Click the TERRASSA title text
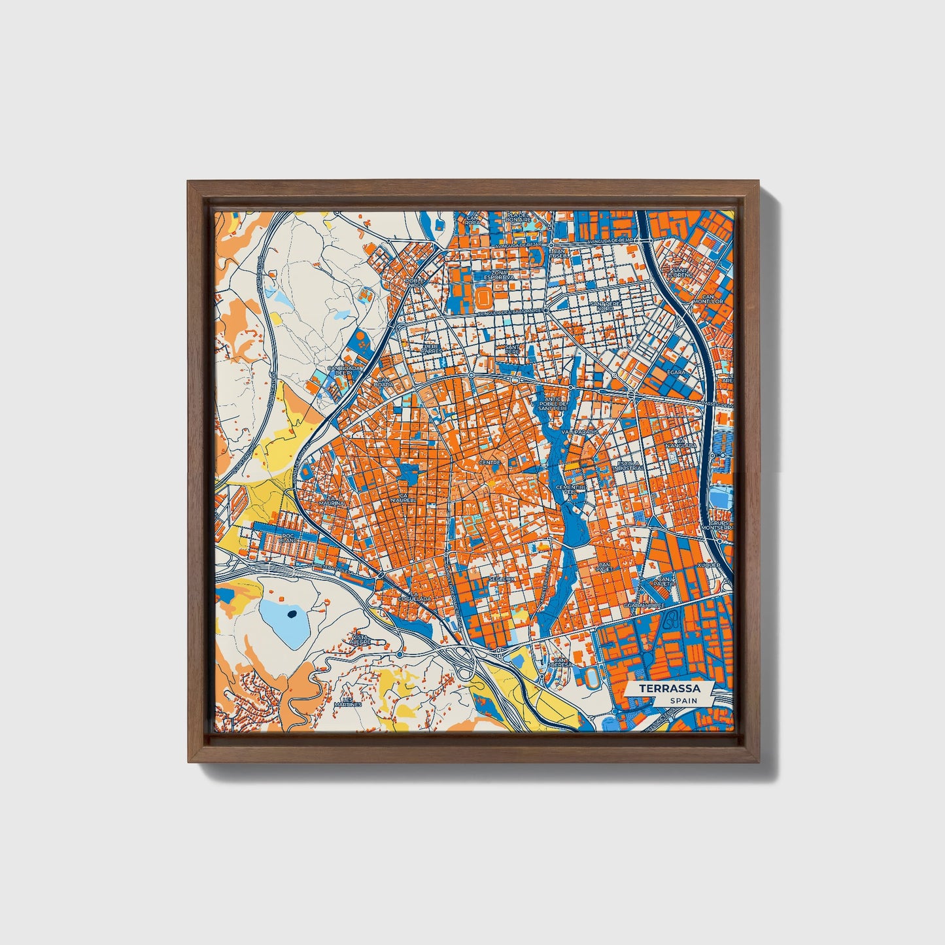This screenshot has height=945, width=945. [669, 689]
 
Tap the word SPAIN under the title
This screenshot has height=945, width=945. [683, 701]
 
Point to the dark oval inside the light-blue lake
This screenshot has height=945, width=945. [292, 613]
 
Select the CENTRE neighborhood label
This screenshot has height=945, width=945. [490, 462]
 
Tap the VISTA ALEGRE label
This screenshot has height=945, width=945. [360, 639]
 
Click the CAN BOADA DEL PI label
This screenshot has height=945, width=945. [345, 370]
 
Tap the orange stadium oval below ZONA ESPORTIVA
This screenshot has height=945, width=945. [485, 298]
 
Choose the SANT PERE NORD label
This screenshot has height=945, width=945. [602, 306]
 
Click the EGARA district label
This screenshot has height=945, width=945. [676, 372]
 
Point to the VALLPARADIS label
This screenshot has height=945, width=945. [584, 432]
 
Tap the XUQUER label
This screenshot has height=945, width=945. [708, 564]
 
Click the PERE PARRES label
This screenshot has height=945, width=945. [431, 348]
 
